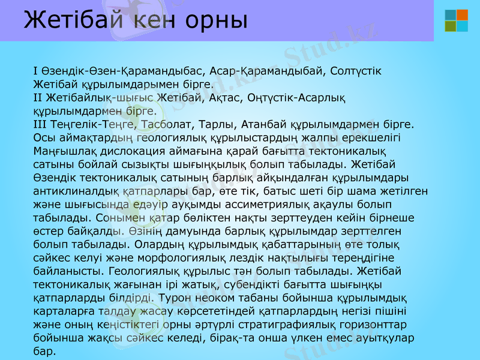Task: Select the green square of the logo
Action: (x=450, y=26)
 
